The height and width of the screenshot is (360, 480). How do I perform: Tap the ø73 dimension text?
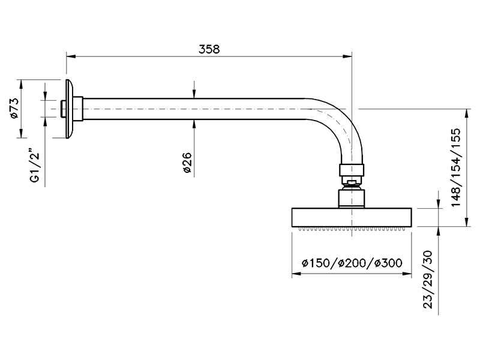pos(15,109)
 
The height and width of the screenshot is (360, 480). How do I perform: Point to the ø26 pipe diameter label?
pos(187,163)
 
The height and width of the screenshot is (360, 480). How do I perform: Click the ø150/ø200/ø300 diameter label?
pos(352,263)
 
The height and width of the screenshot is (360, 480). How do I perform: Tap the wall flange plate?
pos(71,109)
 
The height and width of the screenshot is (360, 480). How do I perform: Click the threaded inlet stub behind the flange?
pos(64,109)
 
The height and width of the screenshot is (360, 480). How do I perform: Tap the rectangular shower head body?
pos(352,217)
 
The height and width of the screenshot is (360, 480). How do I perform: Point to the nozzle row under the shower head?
pos(352,229)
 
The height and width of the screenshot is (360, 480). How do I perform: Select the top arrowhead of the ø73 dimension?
pos(22,83)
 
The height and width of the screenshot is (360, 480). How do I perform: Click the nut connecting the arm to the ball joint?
pos(352,169)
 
